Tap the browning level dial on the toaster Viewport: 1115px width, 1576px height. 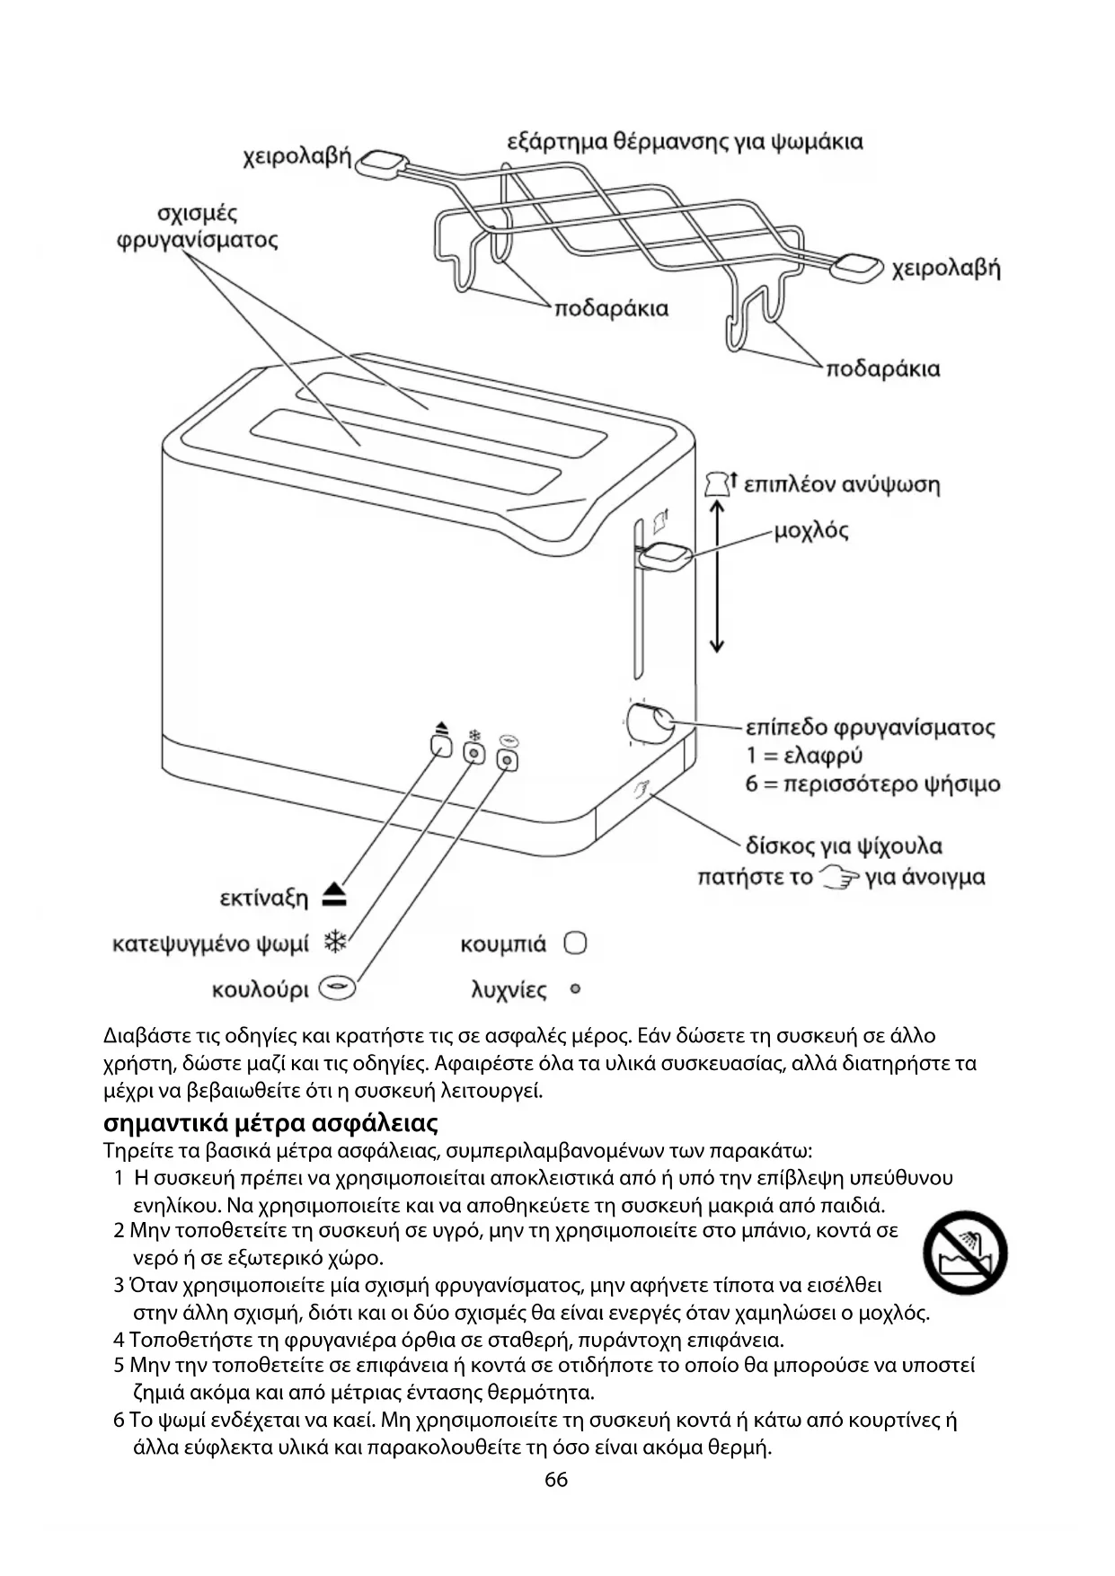(x=650, y=723)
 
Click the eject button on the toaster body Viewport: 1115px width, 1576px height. (x=441, y=747)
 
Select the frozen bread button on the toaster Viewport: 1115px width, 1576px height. (x=473, y=754)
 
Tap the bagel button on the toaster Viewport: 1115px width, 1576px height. (x=509, y=761)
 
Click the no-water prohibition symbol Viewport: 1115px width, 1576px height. (x=965, y=1253)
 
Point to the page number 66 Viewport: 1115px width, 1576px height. (x=556, y=1479)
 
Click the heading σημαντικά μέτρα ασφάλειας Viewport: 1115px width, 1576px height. (x=270, y=1123)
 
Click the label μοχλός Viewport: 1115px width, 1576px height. (x=810, y=530)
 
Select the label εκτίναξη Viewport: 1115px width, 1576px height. (x=264, y=898)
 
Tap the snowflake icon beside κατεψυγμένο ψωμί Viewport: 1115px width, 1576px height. (x=335, y=943)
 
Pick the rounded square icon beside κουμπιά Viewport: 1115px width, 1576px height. (x=575, y=943)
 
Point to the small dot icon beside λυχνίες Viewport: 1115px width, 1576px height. (x=575, y=989)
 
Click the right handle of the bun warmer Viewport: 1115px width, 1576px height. (x=858, y=267)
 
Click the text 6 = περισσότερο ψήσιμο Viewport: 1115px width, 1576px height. (x=872, y=784)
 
